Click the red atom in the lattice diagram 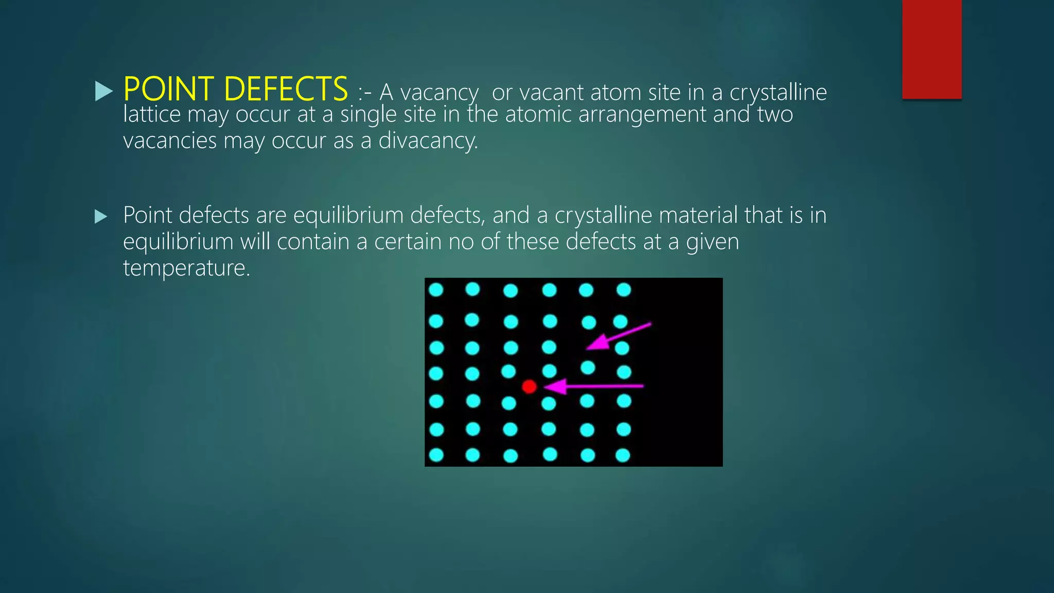point(529,387)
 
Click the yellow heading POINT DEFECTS point(236,89)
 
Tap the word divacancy point(428,141)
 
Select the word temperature point(186,268)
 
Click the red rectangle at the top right point(932,49)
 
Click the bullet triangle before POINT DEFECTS point(103,92)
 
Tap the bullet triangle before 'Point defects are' point(101,217)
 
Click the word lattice point(152,114)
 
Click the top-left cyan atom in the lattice point(436,290)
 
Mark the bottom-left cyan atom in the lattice point(436,455)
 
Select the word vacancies point(170,141)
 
